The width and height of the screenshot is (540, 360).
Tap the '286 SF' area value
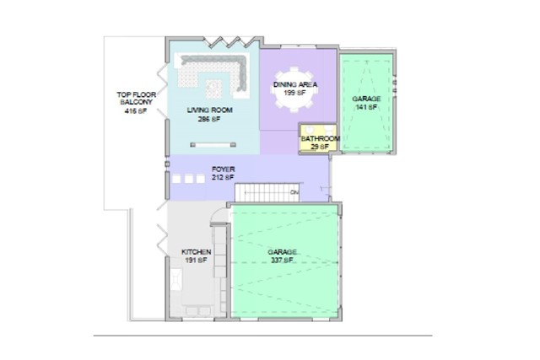[209, 120]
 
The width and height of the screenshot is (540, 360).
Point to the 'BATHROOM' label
[321, 139]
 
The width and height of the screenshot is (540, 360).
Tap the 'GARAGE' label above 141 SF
[366, 99]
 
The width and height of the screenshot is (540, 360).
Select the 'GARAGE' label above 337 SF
[283, 252]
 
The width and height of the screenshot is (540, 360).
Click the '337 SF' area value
[283, 261]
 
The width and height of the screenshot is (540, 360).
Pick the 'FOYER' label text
[223, 169]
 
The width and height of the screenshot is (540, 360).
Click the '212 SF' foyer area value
[223, 178]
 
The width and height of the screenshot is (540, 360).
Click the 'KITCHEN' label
[196, 252]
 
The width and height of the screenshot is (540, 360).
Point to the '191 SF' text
[196, 261]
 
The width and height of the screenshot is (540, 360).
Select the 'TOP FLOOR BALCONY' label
[135, 98]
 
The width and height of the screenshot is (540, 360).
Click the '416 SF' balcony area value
[135, 110]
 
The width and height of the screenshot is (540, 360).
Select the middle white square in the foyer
[189, 179]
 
